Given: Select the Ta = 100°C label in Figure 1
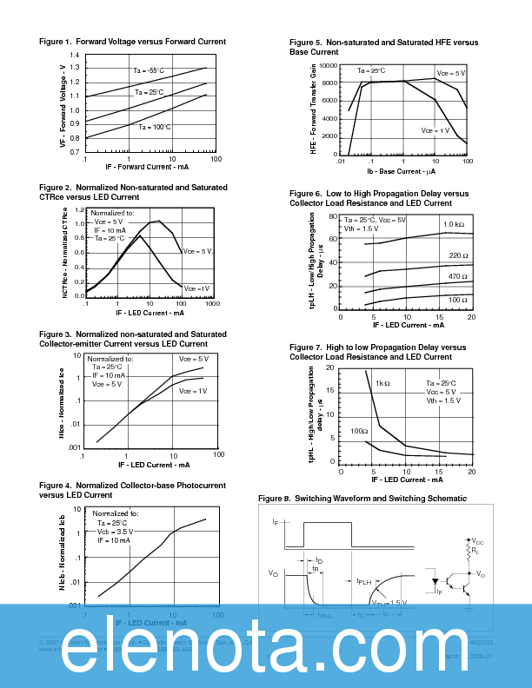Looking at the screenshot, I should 154,127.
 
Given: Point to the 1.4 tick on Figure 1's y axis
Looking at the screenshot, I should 74,55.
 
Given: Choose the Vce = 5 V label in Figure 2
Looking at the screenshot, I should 198,251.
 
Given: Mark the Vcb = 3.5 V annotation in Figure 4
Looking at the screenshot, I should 115,531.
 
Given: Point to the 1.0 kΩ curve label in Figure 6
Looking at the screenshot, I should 454,225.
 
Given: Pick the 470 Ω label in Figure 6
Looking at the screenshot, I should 458,276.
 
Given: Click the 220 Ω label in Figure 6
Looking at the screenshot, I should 458,255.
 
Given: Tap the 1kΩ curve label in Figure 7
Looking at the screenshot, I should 382,383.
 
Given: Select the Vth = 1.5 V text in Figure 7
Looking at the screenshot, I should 443,401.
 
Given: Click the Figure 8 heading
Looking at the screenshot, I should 362,499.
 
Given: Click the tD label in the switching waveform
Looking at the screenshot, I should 319,561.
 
